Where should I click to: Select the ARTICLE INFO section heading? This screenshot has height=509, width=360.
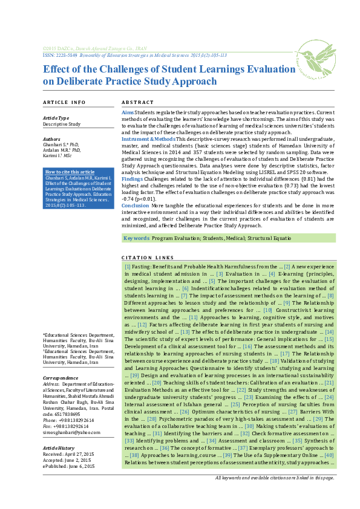point(64,103)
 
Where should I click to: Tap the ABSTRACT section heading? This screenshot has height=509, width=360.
point(138,103)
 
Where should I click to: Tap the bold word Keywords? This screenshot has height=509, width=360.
point(136,239)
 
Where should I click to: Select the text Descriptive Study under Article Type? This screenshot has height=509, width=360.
point(62,124)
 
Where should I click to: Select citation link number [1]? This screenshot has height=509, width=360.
point(127,266)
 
